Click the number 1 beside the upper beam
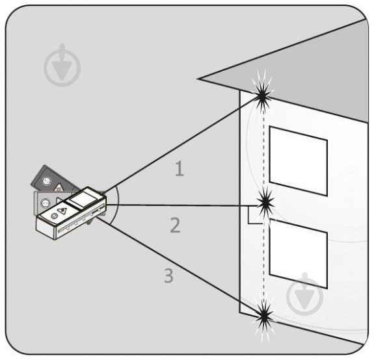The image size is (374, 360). [x=180, y=169]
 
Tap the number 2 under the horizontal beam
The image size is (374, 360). [x=175, y=225]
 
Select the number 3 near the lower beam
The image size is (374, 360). [x=168, y=276]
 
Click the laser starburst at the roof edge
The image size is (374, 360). [x=262, y=96]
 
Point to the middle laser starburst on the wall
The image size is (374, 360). [x=265, y=203]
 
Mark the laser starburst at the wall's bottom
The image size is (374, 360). [x=264, y=317]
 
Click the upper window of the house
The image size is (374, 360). [x=298, y=161]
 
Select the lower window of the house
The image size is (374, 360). [x=298, y=254]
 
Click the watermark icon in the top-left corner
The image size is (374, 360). [x=62, y=65]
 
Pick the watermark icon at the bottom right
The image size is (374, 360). [x=304, y=294]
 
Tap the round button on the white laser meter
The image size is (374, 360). [x=54, y=216]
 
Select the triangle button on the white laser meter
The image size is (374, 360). [x=62, y=210]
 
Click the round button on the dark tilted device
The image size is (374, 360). [x=47, y=181]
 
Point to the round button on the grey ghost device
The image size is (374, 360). [x=46, y=203]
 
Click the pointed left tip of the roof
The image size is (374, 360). [x=198, y=79]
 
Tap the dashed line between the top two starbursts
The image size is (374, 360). [x=263, y=149]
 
